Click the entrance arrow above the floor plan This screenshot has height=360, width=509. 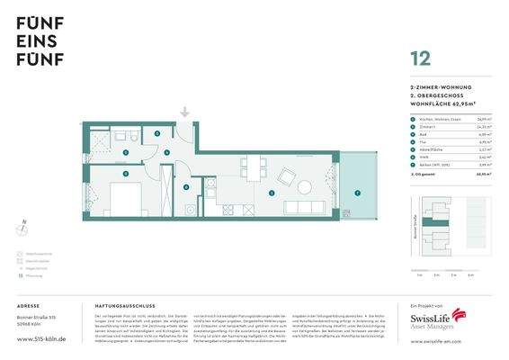(184, 112)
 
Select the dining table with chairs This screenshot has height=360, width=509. (252, 167)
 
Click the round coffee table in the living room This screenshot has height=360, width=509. (303, 188)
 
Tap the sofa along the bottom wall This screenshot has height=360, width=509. (305, 208)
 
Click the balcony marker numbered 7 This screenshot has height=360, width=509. (357, 193)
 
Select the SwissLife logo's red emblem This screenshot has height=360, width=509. (460, 315)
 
